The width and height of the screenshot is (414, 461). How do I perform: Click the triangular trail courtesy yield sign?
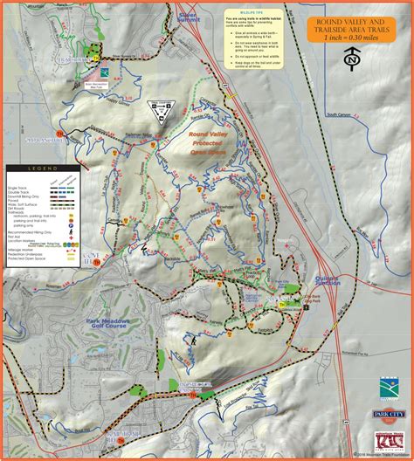click(x=159, y=110)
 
